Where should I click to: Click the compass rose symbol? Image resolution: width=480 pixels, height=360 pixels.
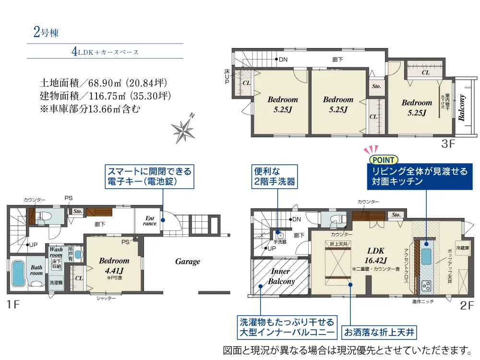click(182, 129)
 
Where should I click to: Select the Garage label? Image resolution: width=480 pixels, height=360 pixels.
click(187, 262)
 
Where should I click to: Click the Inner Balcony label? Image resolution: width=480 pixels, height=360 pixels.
click(281, 276)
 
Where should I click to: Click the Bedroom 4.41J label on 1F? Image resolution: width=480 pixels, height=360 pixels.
click(114, 264)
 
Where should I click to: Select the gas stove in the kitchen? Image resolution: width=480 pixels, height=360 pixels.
click(426, 286)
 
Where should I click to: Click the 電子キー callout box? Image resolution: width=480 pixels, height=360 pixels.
click(149, 177)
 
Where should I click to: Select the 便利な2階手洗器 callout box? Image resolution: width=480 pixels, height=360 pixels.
click(275, 177)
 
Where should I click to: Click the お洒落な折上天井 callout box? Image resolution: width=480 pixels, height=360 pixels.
click(378, 332)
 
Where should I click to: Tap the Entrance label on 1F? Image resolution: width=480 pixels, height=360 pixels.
click(150, 221)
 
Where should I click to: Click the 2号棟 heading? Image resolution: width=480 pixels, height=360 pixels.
click(46, 33)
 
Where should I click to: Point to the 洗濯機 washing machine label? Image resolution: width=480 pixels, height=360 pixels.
click(56, 283)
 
